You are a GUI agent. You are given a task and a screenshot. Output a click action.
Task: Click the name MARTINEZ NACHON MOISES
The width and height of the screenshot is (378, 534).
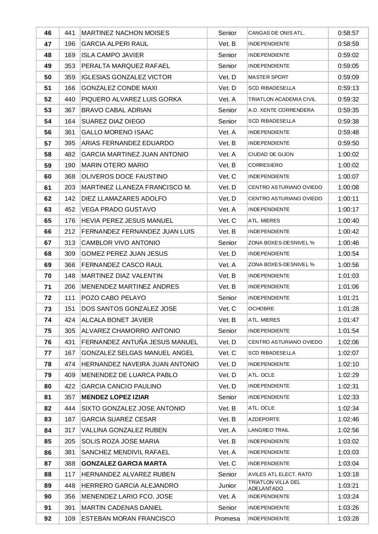tap(125, 33)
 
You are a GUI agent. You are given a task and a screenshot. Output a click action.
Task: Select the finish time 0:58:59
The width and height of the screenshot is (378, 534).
tap(348, 44)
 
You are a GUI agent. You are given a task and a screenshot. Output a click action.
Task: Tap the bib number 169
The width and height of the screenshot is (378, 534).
tap(70, 55)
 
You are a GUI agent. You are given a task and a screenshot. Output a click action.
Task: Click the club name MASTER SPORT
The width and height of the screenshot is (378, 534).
tap(268, 77)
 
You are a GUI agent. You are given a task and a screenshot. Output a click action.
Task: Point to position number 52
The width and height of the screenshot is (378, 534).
tap(48, 99)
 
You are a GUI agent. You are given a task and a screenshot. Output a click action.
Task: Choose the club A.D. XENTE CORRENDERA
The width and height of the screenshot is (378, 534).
tap(281, 110)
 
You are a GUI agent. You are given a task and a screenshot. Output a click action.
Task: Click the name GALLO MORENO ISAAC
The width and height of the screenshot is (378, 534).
tap(117, 132)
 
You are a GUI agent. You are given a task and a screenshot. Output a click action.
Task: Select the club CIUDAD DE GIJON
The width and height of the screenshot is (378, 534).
tap(271, 154)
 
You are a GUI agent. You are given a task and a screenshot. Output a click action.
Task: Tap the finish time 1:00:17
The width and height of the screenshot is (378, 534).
tap(348, 209)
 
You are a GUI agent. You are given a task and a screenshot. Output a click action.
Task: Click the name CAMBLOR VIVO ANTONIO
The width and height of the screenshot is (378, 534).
tap(121, 243)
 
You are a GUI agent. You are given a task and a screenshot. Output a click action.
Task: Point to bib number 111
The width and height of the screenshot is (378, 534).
tap(70, 298)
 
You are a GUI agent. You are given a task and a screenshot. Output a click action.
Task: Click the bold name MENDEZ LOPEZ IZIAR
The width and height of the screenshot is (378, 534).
tap(115, 397)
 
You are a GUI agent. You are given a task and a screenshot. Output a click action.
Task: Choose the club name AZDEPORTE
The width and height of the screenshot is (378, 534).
tap(264, 419)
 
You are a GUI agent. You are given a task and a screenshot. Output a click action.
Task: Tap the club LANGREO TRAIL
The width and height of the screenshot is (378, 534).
tap(269, 430)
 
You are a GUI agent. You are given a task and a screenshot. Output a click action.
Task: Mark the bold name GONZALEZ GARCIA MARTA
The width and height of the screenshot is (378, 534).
tap(124, 463)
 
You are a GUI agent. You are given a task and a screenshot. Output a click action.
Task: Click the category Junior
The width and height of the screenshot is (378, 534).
tap(227, 486)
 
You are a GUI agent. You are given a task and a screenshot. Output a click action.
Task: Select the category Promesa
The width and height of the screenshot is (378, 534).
tap(227, 519)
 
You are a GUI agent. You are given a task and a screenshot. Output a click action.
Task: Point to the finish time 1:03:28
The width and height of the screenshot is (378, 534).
tap(348, 519)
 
